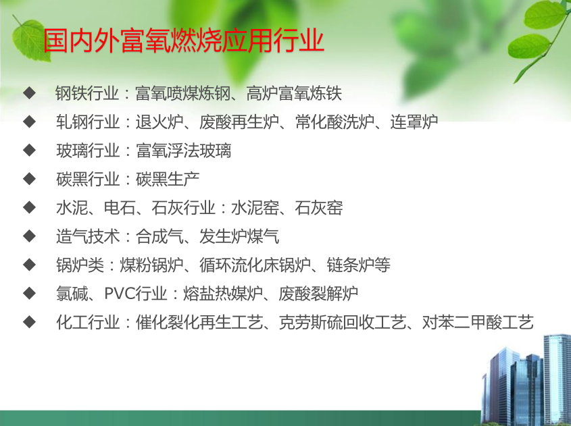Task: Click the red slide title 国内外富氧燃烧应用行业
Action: (x=184, y=41)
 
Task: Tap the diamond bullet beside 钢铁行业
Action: (x=29, y=92)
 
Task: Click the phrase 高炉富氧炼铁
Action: (x=294, y=93)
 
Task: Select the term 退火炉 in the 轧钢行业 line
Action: (x=159, y=122)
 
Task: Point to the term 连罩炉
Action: (x=414, y=122)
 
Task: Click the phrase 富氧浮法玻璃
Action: (x=184, y=151)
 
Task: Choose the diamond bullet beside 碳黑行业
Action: (x=29, y=179)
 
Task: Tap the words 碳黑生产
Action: (x=168, y=179)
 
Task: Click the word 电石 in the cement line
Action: (x=120, y=208)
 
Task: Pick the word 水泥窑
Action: (x=255, y=208)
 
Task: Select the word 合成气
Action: (x=159, y=236)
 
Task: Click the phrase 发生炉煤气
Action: (x=239, y=236)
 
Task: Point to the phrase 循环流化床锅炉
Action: (x=255, y=265)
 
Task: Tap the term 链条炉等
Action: (x=358, y=265)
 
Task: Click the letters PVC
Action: (x=120, y=293)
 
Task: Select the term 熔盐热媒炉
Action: (x=222, y=294)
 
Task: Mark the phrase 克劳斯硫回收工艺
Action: (x=343, y=322)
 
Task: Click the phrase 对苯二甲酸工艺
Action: (x=478, y=322)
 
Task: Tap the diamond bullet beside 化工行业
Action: (x=29, y=322)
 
